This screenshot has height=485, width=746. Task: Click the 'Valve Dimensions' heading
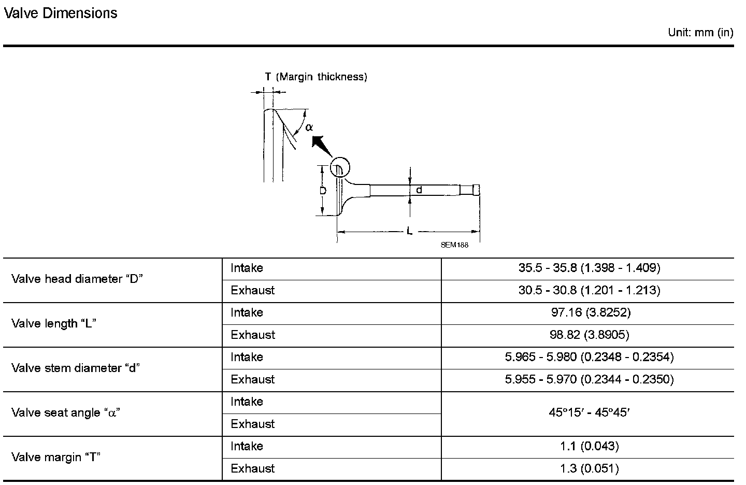click(61, 13)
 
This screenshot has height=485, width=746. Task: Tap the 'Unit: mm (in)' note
click(700, 33)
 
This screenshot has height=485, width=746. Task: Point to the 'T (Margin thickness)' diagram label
click(316, 77)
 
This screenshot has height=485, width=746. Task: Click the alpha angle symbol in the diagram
click(309, 127)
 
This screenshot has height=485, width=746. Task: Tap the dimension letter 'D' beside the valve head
click(322, 191)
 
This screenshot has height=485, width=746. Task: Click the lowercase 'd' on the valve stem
click(419, 190)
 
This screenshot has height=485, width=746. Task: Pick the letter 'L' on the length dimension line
click(409, 231)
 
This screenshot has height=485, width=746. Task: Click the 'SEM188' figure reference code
click(454, 245)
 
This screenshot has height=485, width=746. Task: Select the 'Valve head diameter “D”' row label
click(77, 279)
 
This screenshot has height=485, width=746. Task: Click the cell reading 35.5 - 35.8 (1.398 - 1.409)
click(589, 268)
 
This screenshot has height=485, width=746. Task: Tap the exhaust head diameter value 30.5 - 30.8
click(589, 291)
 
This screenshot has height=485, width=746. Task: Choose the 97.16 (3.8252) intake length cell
click(589, 313)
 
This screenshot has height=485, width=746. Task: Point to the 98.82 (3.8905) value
click(589, 335)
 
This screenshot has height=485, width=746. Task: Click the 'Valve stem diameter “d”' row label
click(76, 368)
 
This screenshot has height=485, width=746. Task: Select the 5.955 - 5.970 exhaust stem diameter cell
click(589, 380)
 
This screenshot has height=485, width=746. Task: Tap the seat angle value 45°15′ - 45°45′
click(589, 413)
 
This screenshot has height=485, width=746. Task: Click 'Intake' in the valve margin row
click(247, 447)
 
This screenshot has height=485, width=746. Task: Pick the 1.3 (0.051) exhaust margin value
click(589, 469)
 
